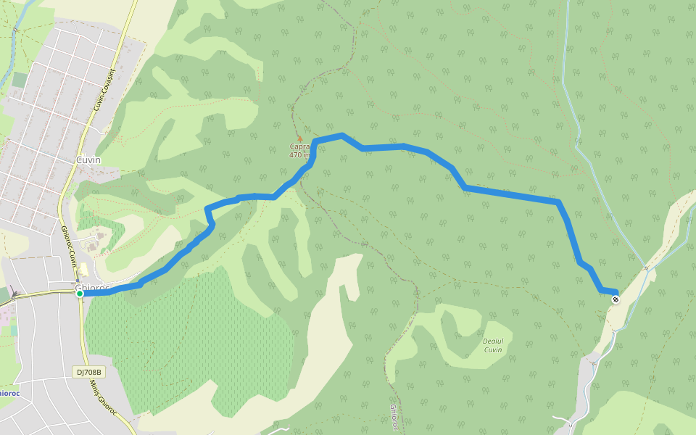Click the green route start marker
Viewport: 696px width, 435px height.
80,294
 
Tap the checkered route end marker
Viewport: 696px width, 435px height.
616,299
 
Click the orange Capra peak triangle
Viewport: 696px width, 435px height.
299,138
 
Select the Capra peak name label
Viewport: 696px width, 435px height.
300,146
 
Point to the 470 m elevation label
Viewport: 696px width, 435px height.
299,154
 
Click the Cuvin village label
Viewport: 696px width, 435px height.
88,160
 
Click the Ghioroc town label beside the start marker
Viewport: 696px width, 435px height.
93,288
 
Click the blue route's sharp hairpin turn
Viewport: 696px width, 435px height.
208,210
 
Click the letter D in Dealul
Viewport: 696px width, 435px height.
485,341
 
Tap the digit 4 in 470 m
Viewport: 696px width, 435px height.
291,154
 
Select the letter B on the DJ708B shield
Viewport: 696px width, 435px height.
101,372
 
